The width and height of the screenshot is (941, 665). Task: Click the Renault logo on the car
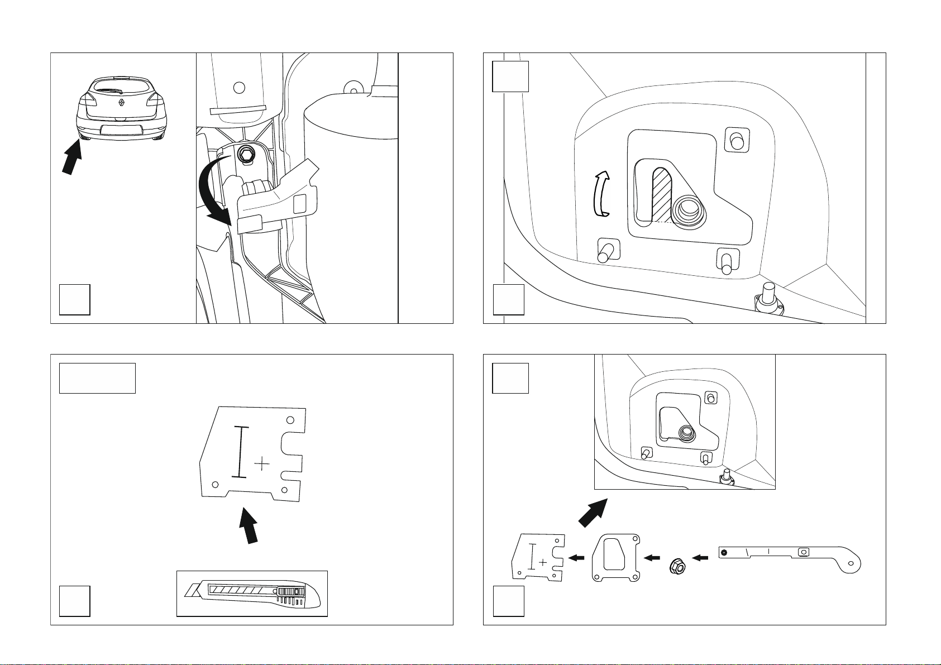pyautogui.click(x=122, y=102)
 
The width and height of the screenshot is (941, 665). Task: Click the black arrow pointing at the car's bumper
pyautogui.click(x=71, y=158)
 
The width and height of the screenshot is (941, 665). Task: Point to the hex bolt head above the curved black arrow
pyautogui.click(x=245, y=155)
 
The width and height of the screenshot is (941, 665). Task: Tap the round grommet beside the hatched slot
pyautogui.click(x=688, y=211)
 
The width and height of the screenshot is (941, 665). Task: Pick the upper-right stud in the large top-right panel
pyautogui.click(x=737, y=141)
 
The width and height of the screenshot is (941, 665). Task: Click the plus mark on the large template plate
pyautogui.click(x=261, y=463)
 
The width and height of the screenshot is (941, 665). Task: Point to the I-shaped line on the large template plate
pyautogui.click(x=240, y=452)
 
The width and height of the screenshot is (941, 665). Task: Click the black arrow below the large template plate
pyautogui.click(x=249, y=524)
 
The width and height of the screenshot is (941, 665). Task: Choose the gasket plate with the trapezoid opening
pyautogui.click(x=615, y=558)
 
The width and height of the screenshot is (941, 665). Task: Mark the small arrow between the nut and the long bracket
pyautogui.click(x=700, y=557)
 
